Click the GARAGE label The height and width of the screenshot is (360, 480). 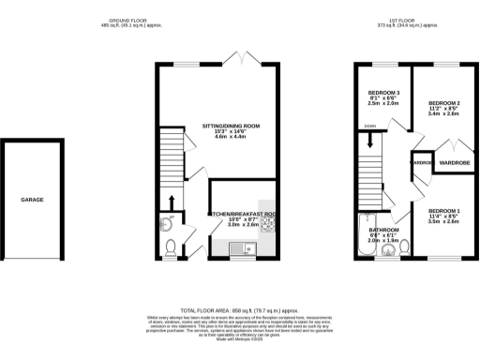tap(33, 200)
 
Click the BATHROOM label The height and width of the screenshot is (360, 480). tap(383, 230)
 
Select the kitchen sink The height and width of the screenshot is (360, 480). tap(238, 248)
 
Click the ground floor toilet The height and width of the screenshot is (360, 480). tap(171, 247)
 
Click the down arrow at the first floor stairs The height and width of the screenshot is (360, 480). tap(373, 141)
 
